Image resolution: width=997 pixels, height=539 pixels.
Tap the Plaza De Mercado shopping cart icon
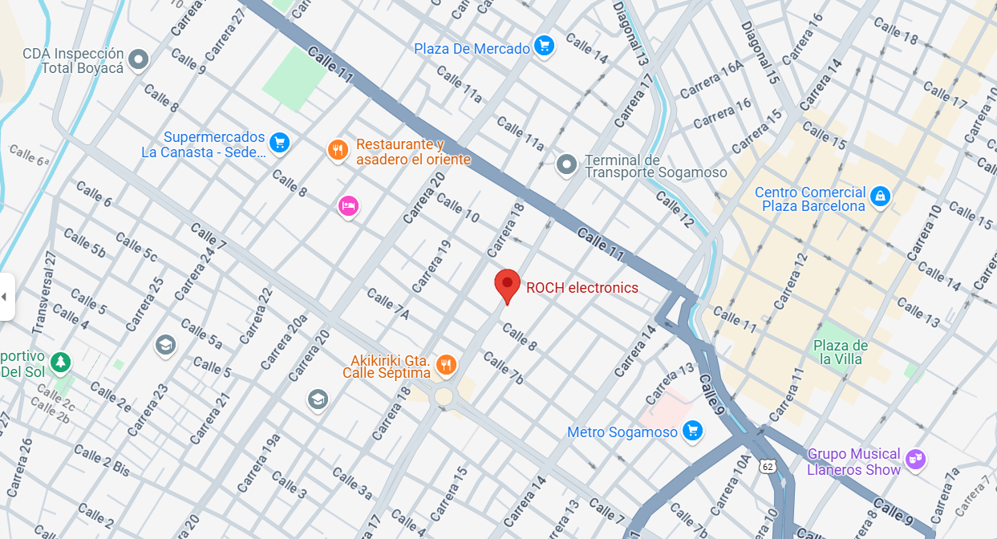(x=545, y=46)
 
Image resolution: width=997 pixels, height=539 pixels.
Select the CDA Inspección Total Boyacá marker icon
(x=140, y=59)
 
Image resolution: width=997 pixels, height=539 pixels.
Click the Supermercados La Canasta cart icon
(x=278, y=143)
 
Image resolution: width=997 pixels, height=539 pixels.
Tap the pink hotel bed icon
(x=347, y=206)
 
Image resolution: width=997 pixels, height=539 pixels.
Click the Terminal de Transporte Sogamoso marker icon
(x=566, y=165)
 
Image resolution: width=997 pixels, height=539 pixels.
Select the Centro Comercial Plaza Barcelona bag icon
(x=880, y=195)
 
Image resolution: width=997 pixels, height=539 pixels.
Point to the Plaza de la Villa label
(x=840, y=352)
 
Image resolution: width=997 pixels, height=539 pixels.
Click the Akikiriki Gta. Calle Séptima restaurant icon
(x=446, y=366)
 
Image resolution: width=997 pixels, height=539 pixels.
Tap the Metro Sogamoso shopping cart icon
(x=692, y=432)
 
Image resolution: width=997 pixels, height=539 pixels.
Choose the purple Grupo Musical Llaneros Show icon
(x=915, y=460)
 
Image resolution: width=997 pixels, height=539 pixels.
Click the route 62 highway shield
(x=768, y=466)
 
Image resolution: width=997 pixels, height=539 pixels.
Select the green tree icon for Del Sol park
(x=60, y=363)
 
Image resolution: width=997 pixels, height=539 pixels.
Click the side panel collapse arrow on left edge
(x=5, y=297)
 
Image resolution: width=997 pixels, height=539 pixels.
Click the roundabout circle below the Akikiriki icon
(x=444, y=396)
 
